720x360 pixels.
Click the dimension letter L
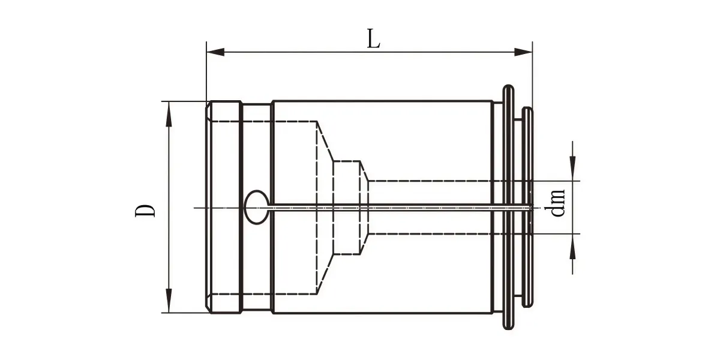tap(373, 39)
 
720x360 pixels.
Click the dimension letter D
tap(145, 211)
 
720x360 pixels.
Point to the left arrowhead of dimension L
tap(215, 52)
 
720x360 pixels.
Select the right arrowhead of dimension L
tap(523, 52)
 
